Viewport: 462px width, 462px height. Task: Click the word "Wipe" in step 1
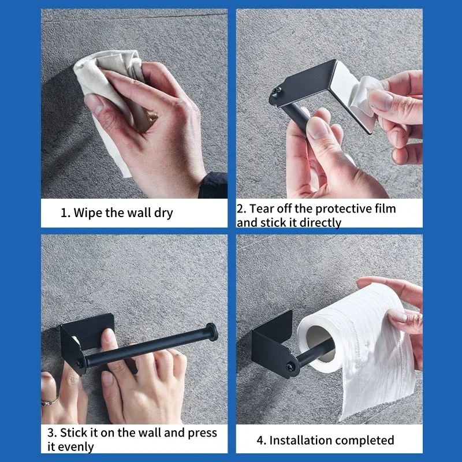pyautogui.click(x=87, y=213)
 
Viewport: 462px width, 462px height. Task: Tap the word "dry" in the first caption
pyautogui.click(x=163, y=213)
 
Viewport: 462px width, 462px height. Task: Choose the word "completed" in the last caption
pyautogui.click(x=364, y=441)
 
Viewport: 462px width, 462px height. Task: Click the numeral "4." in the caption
pyautogui.click(x=261, y=441)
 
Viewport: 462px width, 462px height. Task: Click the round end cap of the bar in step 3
pyautogui.click(x=212, y=333)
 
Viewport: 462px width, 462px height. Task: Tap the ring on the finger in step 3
pyautogui.click(x=49, y=402)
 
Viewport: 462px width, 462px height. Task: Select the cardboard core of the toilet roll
pyautogui.click(x=320, y=343)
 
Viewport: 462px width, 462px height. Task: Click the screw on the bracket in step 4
pyautogui.click(x=290, y=367)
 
